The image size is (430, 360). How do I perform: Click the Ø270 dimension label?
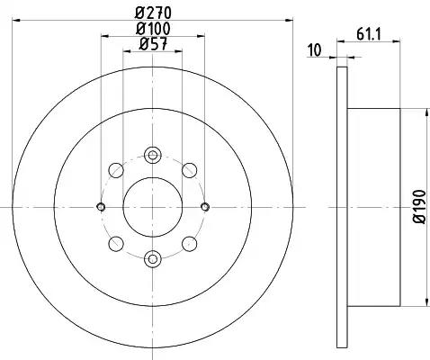153,13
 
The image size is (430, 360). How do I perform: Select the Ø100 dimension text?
153,29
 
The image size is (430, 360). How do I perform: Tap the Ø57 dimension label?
153,44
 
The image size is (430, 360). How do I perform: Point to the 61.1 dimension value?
369,34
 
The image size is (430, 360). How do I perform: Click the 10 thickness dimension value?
315,50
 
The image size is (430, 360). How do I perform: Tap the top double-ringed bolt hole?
153,155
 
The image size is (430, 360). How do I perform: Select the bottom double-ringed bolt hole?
153,258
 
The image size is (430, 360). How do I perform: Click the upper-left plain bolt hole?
116,170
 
